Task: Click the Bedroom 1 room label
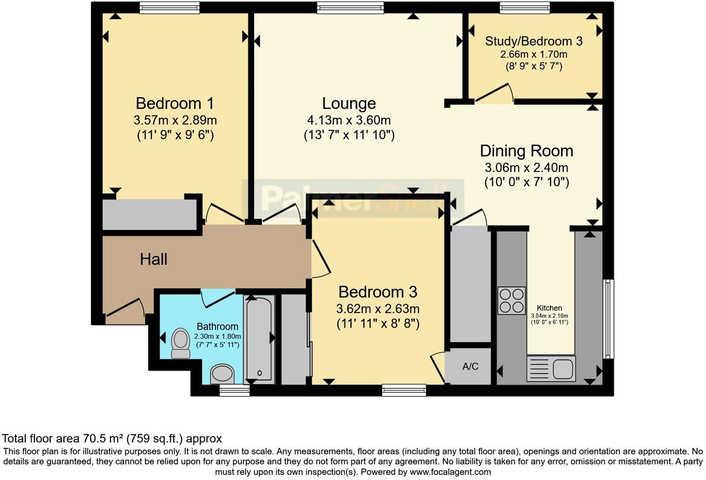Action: click(x=175, y=103)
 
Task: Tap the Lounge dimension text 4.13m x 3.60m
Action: click(x=348, y=120)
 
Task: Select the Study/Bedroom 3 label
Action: click(x=534, y=41)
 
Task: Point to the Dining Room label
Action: click(x=526, y=151)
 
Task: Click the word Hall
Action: click(x=153, y=260)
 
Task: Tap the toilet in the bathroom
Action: click(x=181, y=343)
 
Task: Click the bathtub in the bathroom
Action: click(x=259, y=339)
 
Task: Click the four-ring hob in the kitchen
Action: click(x=511, y=300)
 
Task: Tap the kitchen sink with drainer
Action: click(x=551, y=368)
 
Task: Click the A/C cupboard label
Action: click(x=470, y=367)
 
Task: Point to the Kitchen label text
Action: click(x=549, y=308)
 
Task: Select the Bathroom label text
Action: click(x=217, y=327)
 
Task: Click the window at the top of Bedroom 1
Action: click(x=170, y=7)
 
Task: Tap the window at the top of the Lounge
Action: click(x=351, y=7)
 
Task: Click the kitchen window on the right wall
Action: click(x=608, y=319)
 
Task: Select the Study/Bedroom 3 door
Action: click(x=494, y=93)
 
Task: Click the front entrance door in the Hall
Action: click(x=124, y=310)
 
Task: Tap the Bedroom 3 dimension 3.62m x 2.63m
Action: click(x=378, y=309)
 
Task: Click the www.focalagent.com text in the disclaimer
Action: click(x=449, y=472)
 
